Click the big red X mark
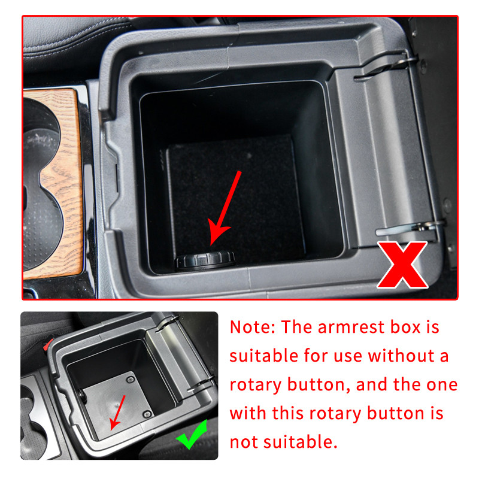click(x=402, y=265)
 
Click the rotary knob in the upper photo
click(x=205, y=261)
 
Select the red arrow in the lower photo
click(x=118, y=413)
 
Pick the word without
click(x=401, y=356)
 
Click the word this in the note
click(x=288, y=413)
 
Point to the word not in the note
click(x=244, y=442)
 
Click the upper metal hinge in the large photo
click(x=385, y=66)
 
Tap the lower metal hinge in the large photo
click(x=410, y=228)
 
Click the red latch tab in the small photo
click(x=48, y=344)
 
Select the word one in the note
click(x=442, y=385)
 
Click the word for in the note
click(x=316, y=356)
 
